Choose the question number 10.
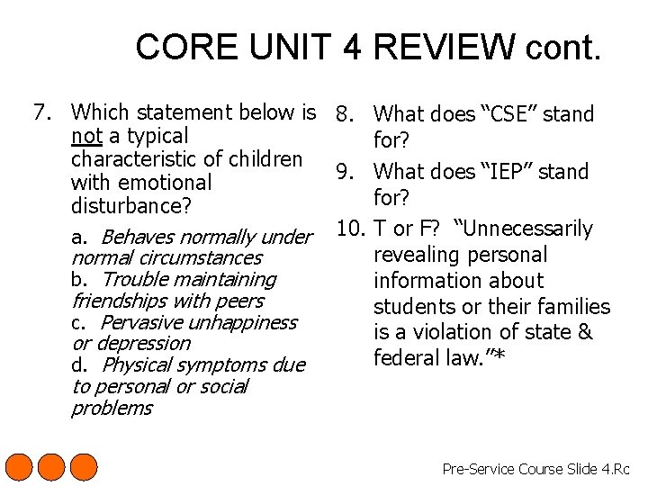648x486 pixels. point(349,229)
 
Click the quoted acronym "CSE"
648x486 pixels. point(509,114)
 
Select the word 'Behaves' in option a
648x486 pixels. point(133,238)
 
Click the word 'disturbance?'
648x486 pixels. point(131,206)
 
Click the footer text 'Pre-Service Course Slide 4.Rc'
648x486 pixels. point(536,469)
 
